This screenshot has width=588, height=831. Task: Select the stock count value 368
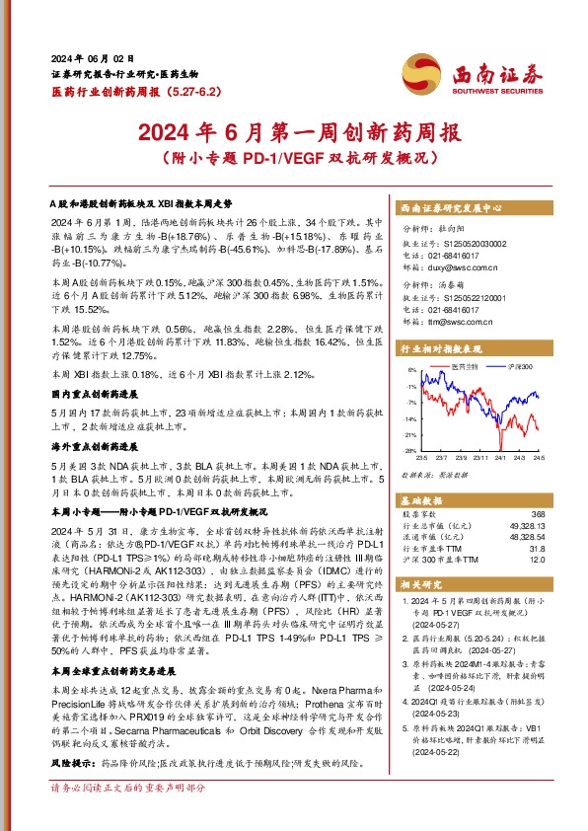click(537, 514)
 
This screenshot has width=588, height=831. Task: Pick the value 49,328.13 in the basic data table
click(526, 526)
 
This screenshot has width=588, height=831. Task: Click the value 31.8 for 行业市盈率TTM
click(537, 549)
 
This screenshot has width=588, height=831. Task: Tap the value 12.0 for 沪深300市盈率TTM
click(537, 561)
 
